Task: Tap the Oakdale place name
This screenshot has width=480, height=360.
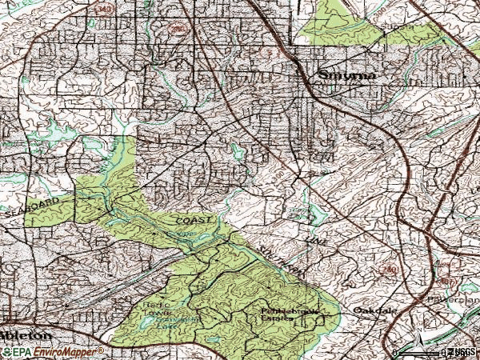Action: point(367,310)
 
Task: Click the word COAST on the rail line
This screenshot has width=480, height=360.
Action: point(196,219)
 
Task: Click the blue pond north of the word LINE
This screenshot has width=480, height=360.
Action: point(317,213)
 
